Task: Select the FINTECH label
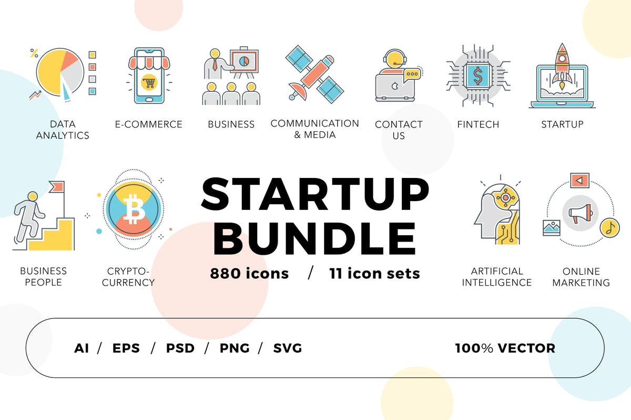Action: click(x=477, y=124)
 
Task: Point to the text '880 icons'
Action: click(x=249, y=274)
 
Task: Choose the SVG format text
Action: click(x=288, y=348)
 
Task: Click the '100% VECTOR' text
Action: click(x=505, y=348)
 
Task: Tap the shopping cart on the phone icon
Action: click(x=149, y=82)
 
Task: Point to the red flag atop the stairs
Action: click(x=57, y=186)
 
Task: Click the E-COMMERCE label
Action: click(x=149, y=124)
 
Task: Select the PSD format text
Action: click(x=180, y=348)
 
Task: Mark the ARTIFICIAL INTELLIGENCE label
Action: click(x=497, y=277)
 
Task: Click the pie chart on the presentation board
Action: click(x=243, y=61)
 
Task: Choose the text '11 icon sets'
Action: click(x=374, y=274)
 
